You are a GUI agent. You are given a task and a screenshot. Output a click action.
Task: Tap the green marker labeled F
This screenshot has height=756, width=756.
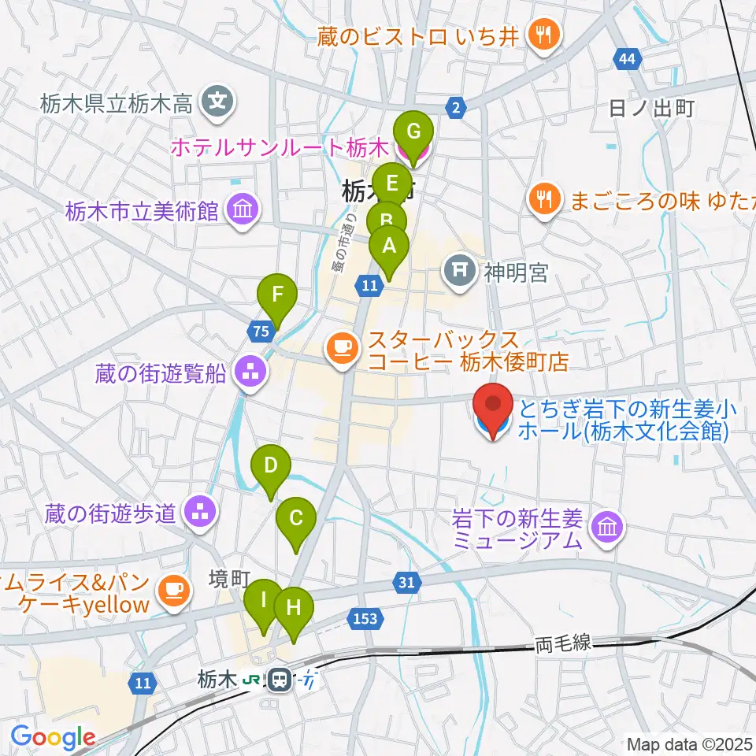pyautogui.click(x=276, y=295)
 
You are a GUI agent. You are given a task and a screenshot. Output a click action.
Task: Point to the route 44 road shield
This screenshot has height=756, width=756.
pyautogui.click(x=627, y=59)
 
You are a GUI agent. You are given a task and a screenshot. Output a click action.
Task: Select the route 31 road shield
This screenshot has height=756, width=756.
pyautogui.click(x=405, y=583)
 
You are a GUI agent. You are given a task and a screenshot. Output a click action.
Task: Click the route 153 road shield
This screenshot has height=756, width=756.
pyautogui.click(x=365, y=619)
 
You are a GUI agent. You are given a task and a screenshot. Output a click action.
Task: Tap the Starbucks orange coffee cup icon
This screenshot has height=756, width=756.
pyautogui.click(x=342, y=345)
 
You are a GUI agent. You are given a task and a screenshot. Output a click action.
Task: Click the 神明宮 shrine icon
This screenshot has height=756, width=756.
pyautogui.click(x=460, y=272)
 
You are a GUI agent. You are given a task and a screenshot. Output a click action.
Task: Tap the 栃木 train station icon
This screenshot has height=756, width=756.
pyautogui.click(x=278, y=679)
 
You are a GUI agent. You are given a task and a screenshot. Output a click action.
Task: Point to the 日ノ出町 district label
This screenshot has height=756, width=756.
pyautogui.click(x=651, y=109)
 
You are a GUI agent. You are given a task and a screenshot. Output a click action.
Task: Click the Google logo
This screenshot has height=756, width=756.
pyautogui.click(x=53, y=736)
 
